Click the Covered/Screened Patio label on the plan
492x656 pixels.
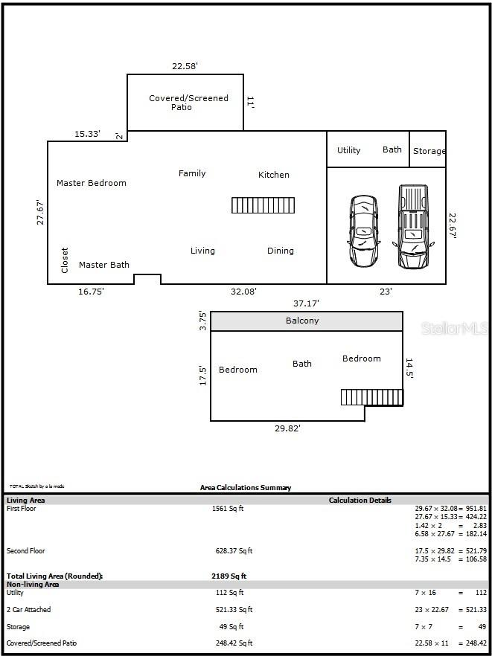pos(188,103)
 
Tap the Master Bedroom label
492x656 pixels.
pos(92,183)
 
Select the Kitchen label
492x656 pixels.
pos(273,175)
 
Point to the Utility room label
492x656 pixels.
pos(348,150)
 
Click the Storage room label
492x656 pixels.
pos(429,151)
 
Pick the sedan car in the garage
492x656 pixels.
pos(363,231)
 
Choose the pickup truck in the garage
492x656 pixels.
pos(413,227)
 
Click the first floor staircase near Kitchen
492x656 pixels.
pos(263,205)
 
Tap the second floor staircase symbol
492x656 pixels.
pos(371,397)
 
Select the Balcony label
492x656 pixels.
pos(302,321)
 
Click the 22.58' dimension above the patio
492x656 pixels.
pos(185,66)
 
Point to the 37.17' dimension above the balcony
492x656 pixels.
pos(306,303)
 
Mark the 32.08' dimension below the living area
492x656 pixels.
pos(243,292)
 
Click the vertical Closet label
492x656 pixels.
pos(65,260)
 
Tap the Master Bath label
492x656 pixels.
pos(104,265)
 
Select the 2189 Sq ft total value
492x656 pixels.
pos(229,576)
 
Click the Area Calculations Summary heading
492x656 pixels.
pos(246,488)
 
